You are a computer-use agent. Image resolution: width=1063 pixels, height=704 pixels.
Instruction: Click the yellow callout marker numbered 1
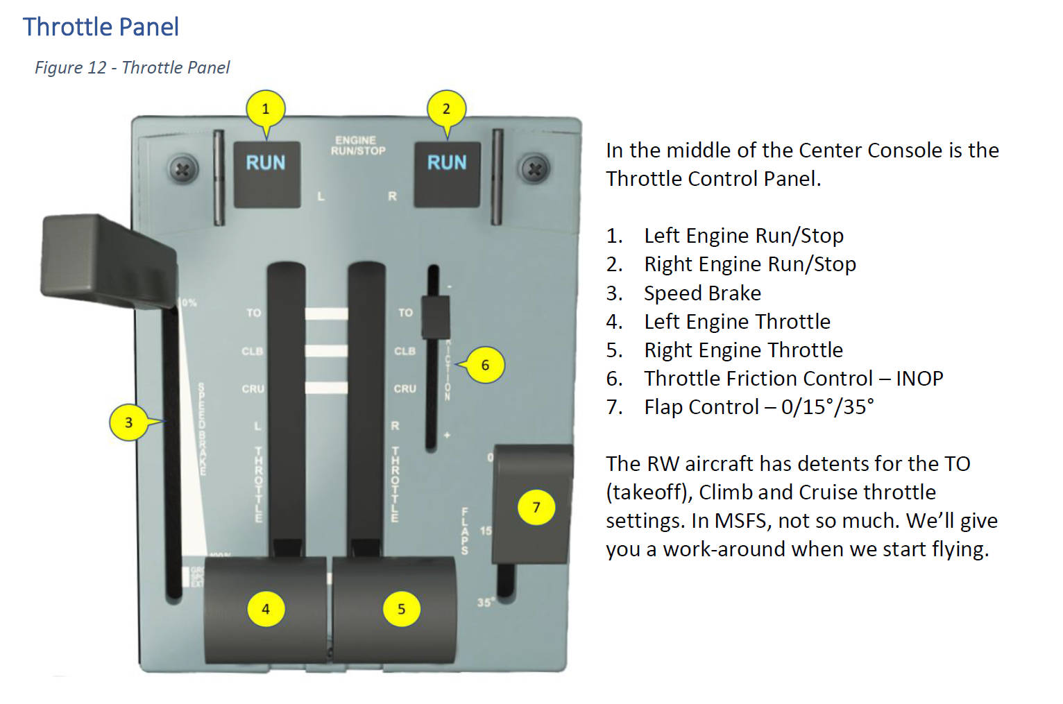pyautogui.click(x=265, y=109)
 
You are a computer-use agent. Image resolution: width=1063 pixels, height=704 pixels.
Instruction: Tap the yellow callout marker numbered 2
pyautogui.click(x=446, y=109)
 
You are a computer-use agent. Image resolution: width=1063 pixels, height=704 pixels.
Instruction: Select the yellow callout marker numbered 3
pyautogui.click(x=128, y=422)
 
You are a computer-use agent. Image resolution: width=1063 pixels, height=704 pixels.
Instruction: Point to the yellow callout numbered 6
pyautogui.click(x=485, y=365)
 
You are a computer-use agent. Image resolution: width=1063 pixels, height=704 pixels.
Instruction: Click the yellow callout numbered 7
pyautogui.click(x=536, y=507)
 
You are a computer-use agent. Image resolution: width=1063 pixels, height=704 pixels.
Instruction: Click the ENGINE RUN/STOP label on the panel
pyautogui.click(x=357, y=146)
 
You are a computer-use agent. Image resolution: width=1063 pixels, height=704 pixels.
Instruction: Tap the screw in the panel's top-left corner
pyautogui.click(x=182, y=169)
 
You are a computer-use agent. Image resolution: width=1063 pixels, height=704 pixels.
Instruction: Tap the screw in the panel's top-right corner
pyautogui.click(x=534, y=169)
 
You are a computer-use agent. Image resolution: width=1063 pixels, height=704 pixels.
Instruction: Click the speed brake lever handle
pyautogui.click(x=108, y=261)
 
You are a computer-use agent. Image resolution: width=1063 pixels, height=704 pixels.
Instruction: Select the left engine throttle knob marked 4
pyautogui.click(x=265, y=609)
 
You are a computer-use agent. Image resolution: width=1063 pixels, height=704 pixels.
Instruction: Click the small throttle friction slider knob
pyautogui.click(x=435, y=317)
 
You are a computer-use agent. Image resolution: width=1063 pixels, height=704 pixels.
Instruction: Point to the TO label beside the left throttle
pyautogui.click(x=254, y=313)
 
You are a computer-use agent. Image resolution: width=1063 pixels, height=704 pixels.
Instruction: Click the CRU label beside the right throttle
pyautogui.click(x=405, y=389)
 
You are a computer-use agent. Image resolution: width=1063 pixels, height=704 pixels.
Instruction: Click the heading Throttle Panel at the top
pyautogui.click(x=101, y=27)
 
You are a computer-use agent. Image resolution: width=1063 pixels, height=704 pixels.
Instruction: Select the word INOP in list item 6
pyautogui.click(x=919, y=379)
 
